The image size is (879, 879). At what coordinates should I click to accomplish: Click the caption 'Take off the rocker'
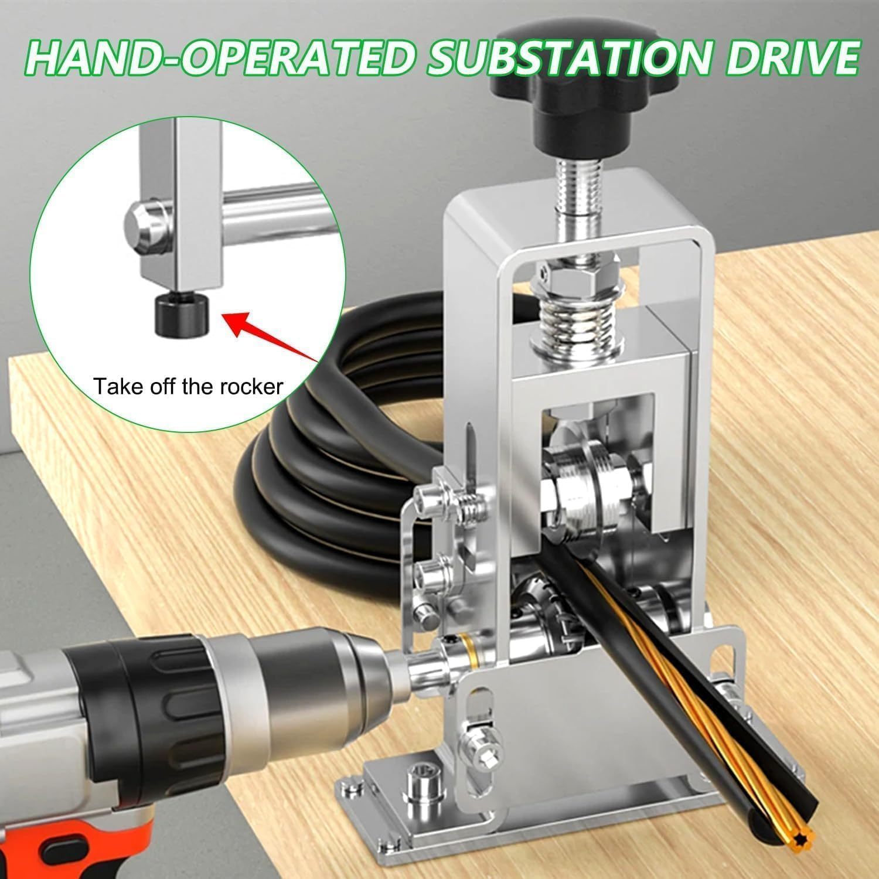pos(189,386)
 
